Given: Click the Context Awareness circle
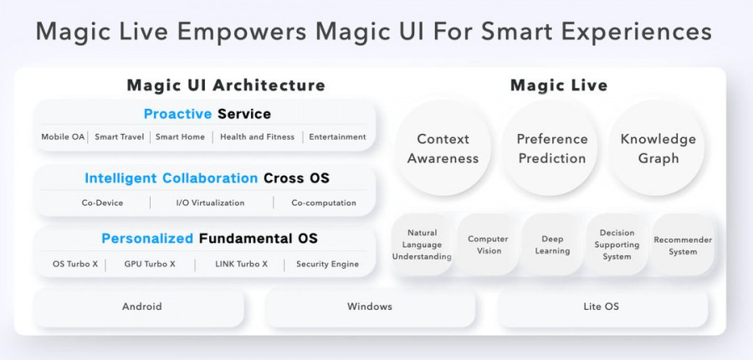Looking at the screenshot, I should [443, 149].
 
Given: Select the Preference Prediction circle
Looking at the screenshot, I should [551, 149].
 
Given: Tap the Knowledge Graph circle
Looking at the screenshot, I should [658, 149].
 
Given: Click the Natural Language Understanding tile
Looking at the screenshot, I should [423, 245].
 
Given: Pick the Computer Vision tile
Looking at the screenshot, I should [488, 245].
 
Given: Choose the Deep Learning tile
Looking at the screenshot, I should [552, 245].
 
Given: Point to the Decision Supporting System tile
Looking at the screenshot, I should [617, 245].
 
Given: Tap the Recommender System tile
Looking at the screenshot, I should [683, 245].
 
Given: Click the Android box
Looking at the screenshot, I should [141, 306].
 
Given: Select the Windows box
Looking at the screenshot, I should [370, 306].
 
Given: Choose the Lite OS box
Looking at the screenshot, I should [601, 306].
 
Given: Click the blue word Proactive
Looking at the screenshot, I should [177, 114].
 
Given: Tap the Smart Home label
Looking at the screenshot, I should [182, 136].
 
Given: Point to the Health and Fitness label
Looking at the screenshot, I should [257, 136].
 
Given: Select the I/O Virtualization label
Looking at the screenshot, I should [210, 203].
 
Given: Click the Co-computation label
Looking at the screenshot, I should [323, 203].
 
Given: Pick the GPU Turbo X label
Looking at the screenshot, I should [150, 264].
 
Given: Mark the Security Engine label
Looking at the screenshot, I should [327, 264].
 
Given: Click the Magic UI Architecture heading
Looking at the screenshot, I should [225, 85].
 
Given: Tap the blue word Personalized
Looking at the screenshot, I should [147, 239].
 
